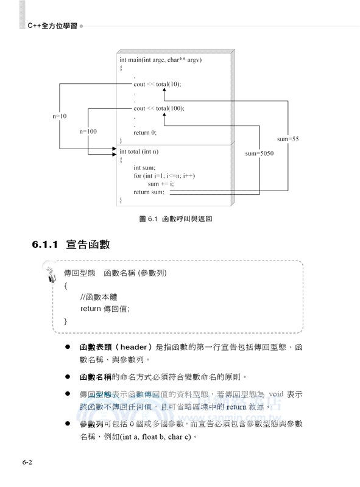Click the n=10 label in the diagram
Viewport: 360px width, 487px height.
pos(59,116)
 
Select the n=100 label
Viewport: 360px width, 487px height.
pos(88,131)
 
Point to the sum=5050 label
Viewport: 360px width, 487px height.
pos(259,154)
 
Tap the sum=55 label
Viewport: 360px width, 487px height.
pos(288,139)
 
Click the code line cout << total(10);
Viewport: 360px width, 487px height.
pos(157,84)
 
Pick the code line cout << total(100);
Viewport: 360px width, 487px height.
pos(158,108)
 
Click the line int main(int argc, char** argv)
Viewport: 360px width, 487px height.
pos(160,60)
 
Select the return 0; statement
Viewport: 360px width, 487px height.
pos(145,132)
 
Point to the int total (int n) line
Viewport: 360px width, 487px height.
pos(138,152)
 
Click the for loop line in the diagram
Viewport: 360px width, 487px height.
pos(164,176)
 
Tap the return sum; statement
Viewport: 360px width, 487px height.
pos(149,192)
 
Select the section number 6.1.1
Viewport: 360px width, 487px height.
pos(44,245)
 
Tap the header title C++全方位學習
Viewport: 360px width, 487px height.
pos(52,26)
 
